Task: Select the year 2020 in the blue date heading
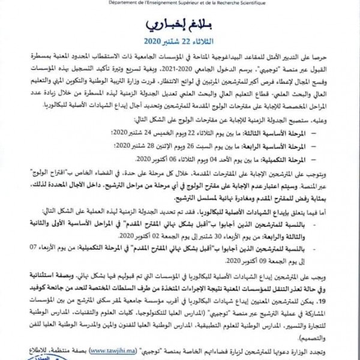pyautogui.click(x=155, y=42)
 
